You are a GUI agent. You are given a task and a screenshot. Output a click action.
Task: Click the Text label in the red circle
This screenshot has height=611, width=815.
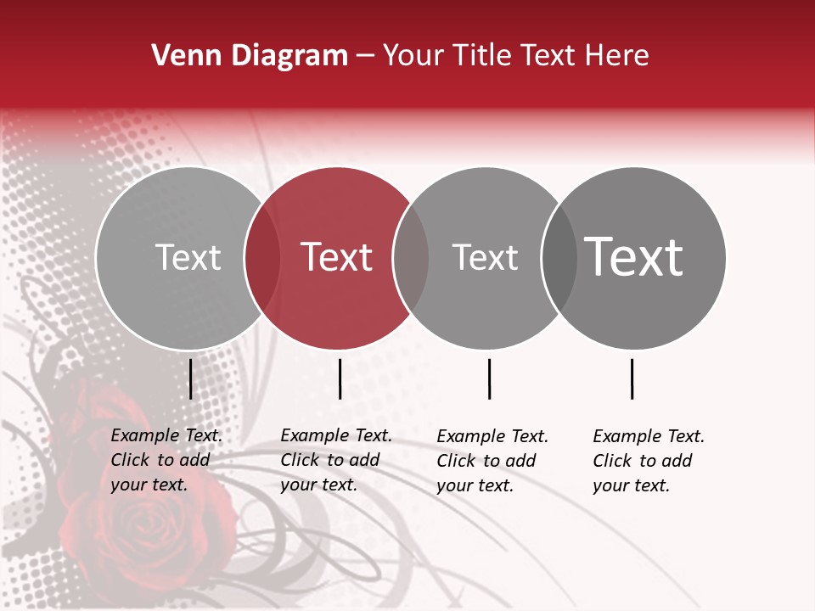coord(337,257)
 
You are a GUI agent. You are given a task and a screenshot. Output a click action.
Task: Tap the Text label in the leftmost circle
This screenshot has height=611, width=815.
coord(188,257)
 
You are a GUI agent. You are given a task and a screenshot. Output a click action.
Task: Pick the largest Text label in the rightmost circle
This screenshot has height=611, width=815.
coord(634,256)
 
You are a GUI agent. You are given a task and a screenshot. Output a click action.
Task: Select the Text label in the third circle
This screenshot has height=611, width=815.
coord(485,257)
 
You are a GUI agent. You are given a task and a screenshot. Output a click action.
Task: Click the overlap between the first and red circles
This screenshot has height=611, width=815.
coord(262,258)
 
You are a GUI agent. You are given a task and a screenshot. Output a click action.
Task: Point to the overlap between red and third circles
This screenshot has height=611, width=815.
coord(411,258)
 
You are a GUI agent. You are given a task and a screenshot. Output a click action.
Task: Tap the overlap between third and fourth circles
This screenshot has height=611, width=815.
coord(559,258)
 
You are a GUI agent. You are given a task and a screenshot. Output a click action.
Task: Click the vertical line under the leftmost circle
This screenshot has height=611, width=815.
coord(190,378)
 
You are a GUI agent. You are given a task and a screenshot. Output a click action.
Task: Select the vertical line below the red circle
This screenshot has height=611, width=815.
coord(340,378)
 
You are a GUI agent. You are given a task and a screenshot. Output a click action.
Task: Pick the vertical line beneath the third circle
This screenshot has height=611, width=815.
coord(489,378)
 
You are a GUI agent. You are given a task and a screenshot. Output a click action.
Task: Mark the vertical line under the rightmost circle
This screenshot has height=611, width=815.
coord(632,378)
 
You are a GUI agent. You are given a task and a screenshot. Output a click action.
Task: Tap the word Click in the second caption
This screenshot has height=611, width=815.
coord(300,460)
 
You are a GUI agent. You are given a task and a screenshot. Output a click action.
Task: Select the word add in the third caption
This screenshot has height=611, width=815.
coord(521,461)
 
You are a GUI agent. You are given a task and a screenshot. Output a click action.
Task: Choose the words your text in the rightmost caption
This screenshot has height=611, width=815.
coord(631,485)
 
